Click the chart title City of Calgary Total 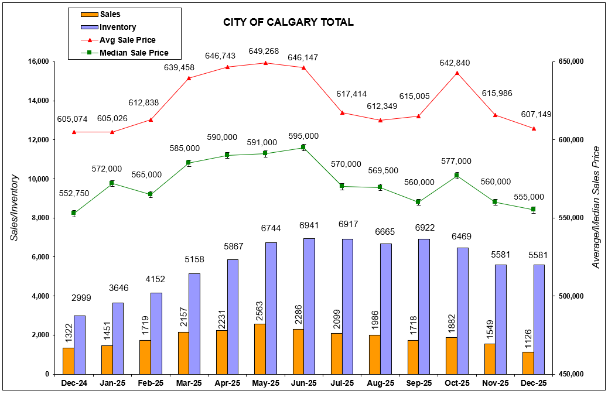pos(288,23)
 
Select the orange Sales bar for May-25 pos(259,348)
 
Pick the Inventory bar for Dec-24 pos(80,344)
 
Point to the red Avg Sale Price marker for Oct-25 pos(457,73)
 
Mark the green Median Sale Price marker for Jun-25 pos(303,148)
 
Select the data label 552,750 pos(74,193)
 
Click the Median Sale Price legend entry pos(134,53)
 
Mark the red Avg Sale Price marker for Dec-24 pos(74,132)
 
